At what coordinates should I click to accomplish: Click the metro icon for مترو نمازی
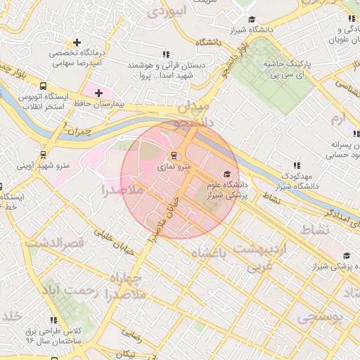pos(174,155)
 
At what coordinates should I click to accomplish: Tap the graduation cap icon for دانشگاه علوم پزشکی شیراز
pos(226,174)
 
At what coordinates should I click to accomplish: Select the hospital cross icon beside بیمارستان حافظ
pos(98,93)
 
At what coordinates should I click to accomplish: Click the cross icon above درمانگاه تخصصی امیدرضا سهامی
pos(77,42)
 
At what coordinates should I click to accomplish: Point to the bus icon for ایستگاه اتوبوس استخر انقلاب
pos(44,86)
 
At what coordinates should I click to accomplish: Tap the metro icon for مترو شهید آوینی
pos(44,155)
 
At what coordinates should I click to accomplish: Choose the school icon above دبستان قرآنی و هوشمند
pos(166,54)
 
